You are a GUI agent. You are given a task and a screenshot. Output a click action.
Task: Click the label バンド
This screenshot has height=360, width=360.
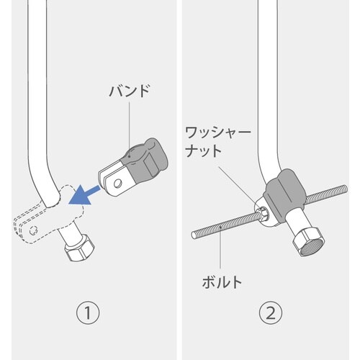130,91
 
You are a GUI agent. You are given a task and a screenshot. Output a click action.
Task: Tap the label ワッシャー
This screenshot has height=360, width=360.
218,132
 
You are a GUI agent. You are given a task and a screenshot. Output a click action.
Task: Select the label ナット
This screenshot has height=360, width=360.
204,151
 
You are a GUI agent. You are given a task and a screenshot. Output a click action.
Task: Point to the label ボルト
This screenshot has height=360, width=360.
222,282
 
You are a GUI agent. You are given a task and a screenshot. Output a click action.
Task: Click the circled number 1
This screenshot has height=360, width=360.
88,312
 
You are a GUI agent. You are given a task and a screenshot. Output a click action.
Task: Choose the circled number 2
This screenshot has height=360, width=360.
271,312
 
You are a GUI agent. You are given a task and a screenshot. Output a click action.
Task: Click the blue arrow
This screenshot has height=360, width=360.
84,194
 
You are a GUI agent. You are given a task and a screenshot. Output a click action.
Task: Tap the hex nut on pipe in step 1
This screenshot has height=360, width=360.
79,247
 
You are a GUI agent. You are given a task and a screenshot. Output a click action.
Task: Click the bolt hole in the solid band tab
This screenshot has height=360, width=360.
117,184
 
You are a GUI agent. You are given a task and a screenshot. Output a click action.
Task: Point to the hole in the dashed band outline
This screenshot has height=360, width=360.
33,230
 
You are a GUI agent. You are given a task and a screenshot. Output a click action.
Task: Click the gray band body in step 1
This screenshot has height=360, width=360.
145,160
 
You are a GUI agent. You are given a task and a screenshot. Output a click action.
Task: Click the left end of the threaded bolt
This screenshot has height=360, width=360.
194,235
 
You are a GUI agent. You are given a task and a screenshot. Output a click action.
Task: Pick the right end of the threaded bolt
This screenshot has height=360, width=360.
345,189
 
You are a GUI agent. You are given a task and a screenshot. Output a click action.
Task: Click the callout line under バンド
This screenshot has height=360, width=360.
130,129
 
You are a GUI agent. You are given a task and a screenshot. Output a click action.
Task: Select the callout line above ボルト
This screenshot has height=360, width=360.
220,247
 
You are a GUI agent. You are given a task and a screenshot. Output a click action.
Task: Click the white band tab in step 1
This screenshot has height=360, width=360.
114,179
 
